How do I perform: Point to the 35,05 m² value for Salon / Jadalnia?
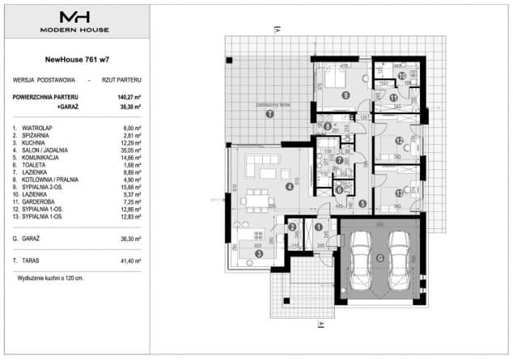click(x=129, y=150)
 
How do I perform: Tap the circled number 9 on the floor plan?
click(x=346, y=95)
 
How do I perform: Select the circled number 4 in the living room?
click(x=290, y=186)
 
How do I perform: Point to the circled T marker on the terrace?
click(x=269, y=115)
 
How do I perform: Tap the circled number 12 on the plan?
click(x=399, y=140)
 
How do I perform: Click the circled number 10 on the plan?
click(x=402, y=75)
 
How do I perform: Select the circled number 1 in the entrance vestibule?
click(x=319, y=227)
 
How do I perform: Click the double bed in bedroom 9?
click(x=335, y=78)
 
